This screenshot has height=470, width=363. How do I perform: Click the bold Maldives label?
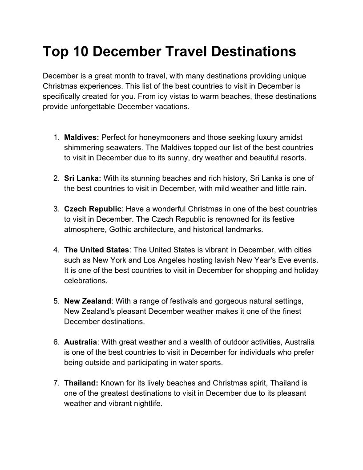point(81,138)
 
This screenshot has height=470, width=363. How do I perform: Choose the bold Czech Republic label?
point(93,209)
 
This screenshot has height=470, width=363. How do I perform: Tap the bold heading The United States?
point(97,249)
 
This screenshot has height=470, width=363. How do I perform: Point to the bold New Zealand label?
point(87,301)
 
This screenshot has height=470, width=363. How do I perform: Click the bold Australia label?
point(80,342)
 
